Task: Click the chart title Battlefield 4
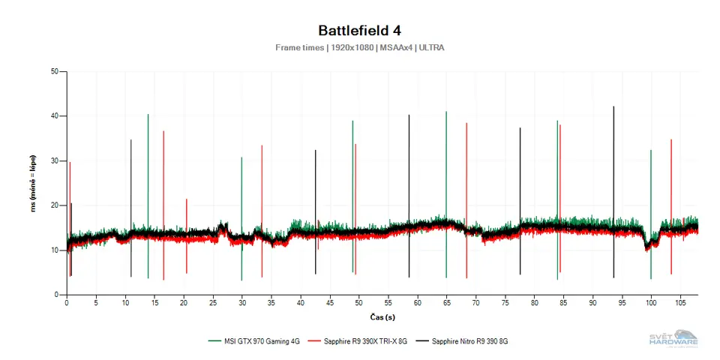(x=359, y=30)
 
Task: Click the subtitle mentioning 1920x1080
(x=359, y=47)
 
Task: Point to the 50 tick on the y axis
(x=54, y=72)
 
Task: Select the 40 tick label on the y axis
(x=54, y=116)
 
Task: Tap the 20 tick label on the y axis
(x=54, y=205)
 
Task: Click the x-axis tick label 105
(x=679, y=303)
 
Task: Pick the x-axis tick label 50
(x=359, y=303)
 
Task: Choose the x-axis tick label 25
(x=213, y=303)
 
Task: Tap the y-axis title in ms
(x=34, y=184)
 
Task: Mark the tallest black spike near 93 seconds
(x=613, y=150)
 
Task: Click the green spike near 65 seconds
(x=446, y=165)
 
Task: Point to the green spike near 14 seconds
(x=148, y=165)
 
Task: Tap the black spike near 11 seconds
(x=131, y=180)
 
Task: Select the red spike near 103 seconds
(x=671, y=180)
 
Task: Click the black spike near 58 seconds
(x=409, y=165)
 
